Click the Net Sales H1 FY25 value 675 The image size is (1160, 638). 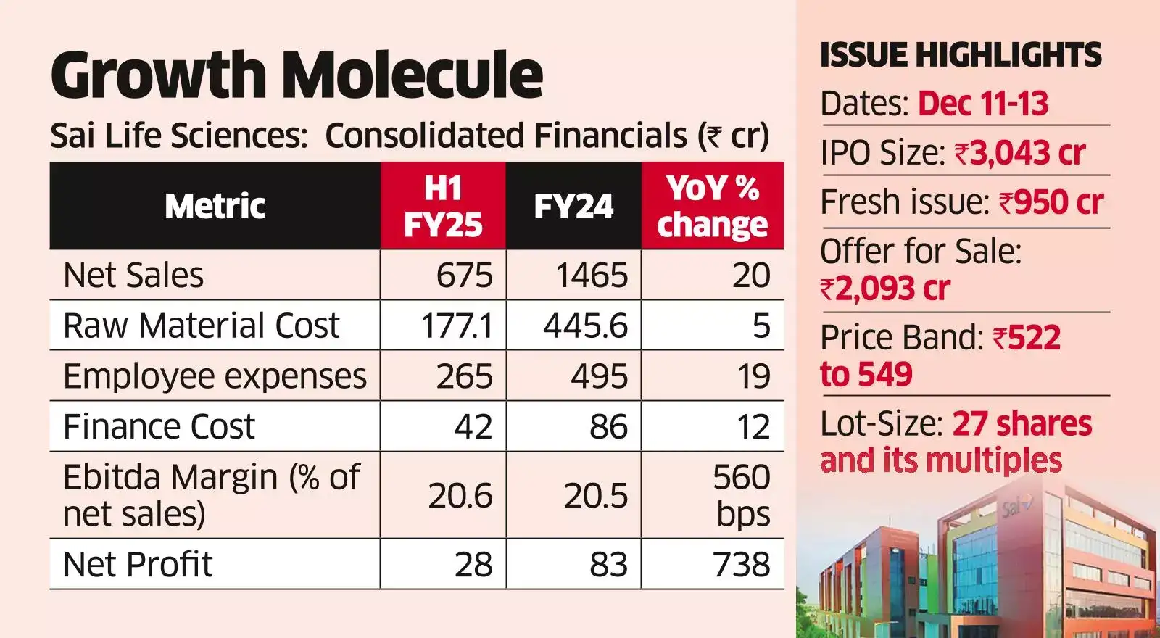point(464,275)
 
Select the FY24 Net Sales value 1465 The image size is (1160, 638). point(591,275)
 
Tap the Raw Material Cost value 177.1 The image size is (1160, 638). point(457,326)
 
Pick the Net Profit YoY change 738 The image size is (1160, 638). point(741,564)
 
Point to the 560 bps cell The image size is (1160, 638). point(741,495)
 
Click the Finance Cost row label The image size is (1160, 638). point(159,426)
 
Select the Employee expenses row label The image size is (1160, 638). point(215,376)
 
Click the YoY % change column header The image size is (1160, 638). point(712,207)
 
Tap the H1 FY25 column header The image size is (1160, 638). point(443,207)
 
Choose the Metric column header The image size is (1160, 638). point(215,207)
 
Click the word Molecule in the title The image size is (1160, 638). point(412,75)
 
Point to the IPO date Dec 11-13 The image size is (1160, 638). point(982,104)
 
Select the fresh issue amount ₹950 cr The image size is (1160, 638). point(1051,202)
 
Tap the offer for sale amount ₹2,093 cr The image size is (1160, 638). point(884,289)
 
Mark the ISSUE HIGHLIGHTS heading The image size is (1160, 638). point(960,56)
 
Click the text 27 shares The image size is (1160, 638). point(1022,423)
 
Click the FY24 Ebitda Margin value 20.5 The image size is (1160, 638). point(595,496)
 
